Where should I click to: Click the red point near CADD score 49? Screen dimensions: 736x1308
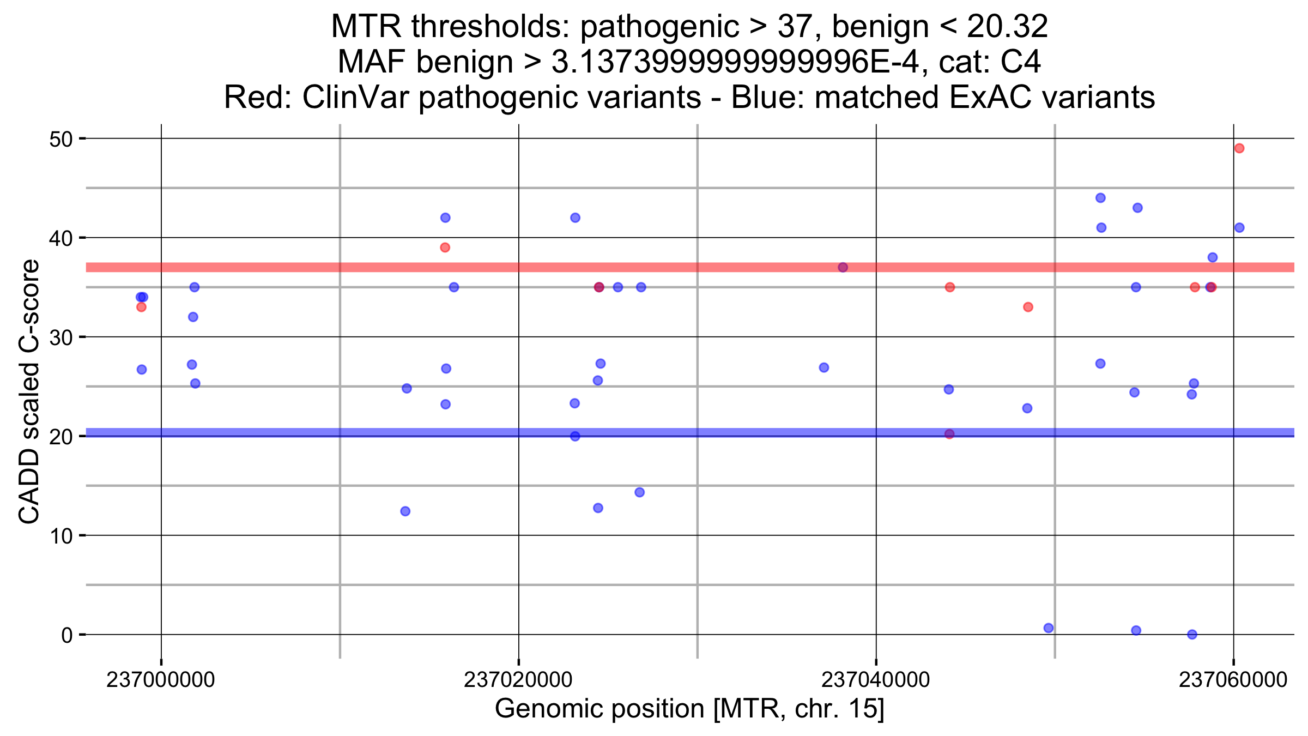click(x=1239, y=148)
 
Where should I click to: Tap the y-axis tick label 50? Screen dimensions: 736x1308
click(x=60, y=140)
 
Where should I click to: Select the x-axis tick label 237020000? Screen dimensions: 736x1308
click(x=518, y=680)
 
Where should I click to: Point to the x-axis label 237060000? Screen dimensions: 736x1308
click(x=1233, y=680)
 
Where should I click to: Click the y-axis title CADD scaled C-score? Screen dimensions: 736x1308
click(x=29, y=391)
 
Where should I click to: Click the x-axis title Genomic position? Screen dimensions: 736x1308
click(x=689, y=709)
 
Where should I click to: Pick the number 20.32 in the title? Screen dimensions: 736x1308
click(x=1007, y=26)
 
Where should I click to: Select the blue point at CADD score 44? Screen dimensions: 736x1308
click(x=1100, y=198)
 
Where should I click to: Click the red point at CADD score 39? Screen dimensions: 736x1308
click(x=445, y=248)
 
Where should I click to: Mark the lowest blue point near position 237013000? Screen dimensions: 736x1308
click(x=405, y=511)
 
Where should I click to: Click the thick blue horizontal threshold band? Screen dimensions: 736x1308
click(x=708, y=433)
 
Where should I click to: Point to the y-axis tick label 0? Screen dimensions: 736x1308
click(x=66, y=635)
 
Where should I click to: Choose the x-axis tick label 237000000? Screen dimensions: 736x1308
click(x=160, y=680)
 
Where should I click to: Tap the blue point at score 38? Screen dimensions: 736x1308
click(x=1213, y=257)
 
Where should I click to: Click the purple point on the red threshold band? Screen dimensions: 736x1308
click(x=843, y=267)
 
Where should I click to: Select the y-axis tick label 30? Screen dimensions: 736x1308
click(x=60, y=338)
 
